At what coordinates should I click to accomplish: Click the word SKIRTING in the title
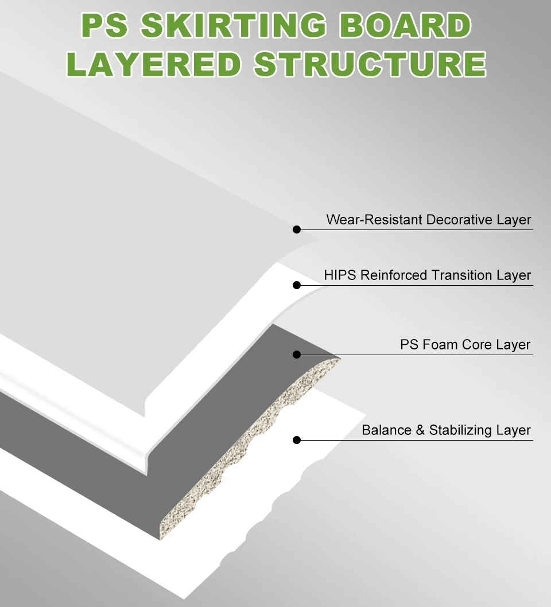pos(233,26)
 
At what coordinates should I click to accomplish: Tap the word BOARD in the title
pos(407,26)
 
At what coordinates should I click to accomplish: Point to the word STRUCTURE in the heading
pos(370,64)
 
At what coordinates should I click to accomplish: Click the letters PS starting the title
pos(104,26)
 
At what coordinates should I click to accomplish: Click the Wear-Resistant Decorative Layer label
pos(429,220)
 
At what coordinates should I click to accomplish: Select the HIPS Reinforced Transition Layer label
pos(428,275)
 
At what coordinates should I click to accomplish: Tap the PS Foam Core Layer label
pos(465,345)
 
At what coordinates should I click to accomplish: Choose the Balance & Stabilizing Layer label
pos(446,430)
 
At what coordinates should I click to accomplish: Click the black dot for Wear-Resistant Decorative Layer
pos(297,229)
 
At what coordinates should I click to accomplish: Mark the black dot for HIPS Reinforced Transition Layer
pos(297,285)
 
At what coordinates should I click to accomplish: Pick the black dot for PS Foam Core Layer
pos(297,355)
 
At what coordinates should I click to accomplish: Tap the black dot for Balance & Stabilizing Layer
pos(297,440)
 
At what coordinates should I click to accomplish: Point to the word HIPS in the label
pos(340,275)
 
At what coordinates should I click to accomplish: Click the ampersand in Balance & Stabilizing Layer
pos(420,430)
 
